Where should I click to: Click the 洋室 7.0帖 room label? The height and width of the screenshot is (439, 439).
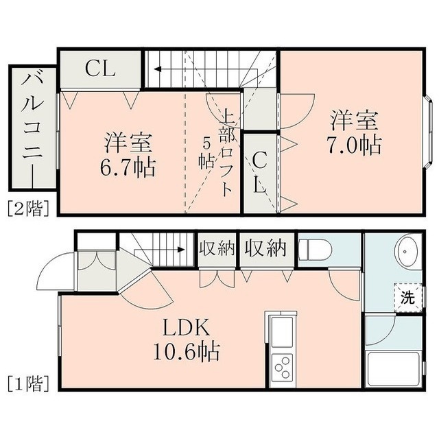tap(355, 132)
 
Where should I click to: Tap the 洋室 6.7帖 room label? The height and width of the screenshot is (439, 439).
tap(128, 155)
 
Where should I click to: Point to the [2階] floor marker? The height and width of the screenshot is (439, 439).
tap(29, 209)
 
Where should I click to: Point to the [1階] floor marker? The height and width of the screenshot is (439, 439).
tap(29, 383)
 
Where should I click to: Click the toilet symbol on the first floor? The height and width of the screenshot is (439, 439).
tap(315, 249)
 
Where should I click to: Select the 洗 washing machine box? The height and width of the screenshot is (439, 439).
tap(408, 297)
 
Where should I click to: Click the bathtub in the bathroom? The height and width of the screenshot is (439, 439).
tap(394, 369)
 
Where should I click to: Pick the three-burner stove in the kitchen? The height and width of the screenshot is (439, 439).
tap(282, 368)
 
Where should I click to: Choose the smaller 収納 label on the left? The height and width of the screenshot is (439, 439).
tap(217, 248)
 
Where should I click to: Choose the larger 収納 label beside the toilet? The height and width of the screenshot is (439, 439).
tap(265, 248)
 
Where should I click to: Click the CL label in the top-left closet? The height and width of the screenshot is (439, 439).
tap(101, 69)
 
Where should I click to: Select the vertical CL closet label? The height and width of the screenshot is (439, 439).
tap(259, 172)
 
